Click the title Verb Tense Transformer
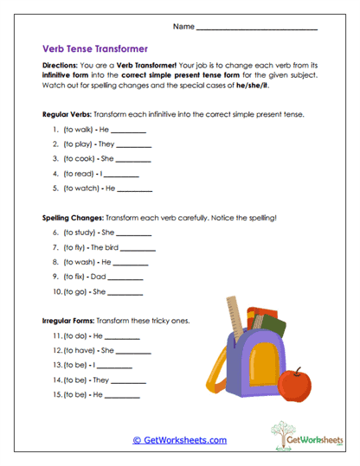(x=96, y=49)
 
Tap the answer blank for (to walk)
(x=129, y=131)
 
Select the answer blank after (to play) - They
(x=133, y=145)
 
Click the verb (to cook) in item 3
(x=80, y=159)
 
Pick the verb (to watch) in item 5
(x=82, y=188)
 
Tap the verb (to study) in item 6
(x=80, y=233)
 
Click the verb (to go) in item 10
(x=77, y=291)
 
